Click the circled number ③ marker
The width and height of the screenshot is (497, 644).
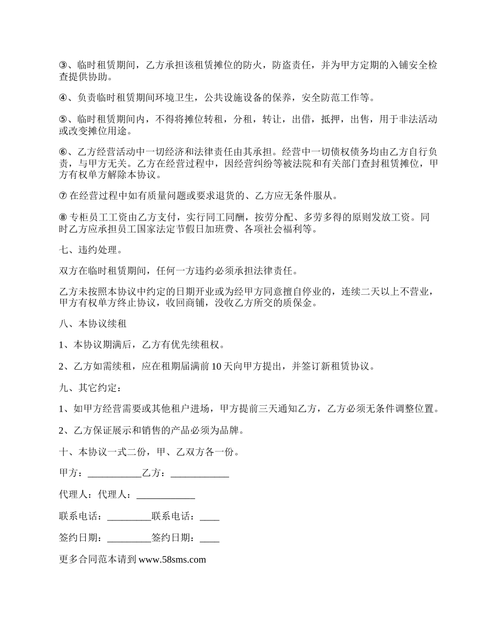(x=63, y=65)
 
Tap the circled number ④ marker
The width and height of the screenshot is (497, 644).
(x=63, y=97)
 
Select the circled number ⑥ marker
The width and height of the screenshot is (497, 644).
(x=63, y=152)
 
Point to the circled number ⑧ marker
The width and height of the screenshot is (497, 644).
(x=63, y=217)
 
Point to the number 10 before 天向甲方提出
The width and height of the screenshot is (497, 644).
(x=217, y=367)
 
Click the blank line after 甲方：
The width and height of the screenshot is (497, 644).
(x=115, y=473)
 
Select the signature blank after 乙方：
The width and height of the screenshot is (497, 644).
(x=200, y=473)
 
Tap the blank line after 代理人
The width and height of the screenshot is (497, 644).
(x=165, y=495)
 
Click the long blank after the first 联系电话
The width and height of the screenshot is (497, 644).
(x=129, y=516)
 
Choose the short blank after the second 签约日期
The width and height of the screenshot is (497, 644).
(x=209, y=538)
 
